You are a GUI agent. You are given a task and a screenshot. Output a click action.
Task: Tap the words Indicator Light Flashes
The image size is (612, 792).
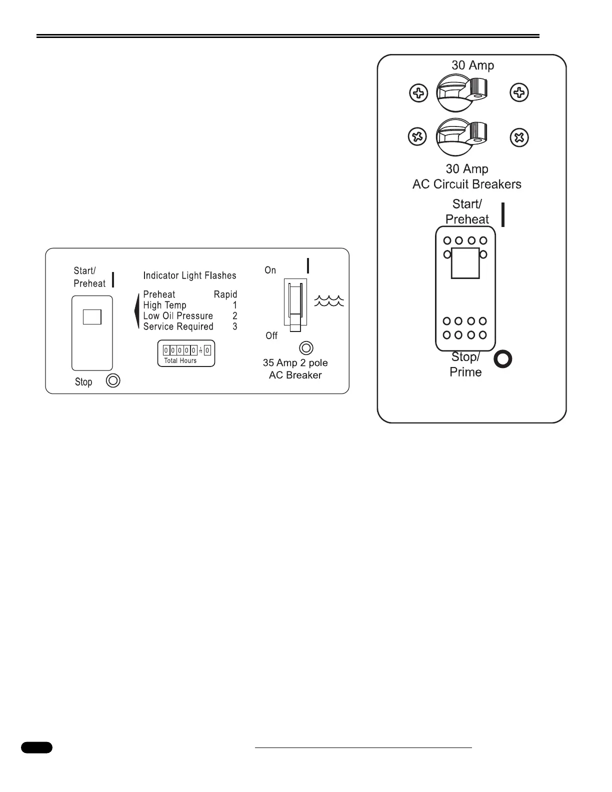click(189, 275)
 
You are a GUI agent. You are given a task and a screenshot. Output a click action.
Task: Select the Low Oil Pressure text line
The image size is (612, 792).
click(178, 316)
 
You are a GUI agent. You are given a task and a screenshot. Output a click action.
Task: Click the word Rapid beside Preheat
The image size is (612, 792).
click(225, 294)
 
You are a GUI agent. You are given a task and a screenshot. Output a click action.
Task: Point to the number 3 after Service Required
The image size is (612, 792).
click(235, 326)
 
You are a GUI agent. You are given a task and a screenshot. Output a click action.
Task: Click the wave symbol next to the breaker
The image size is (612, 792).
click(329, 300)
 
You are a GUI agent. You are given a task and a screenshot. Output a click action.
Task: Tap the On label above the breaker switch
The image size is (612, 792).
click(270, 270)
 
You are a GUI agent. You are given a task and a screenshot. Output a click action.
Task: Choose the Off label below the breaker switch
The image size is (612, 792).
click(271, 335)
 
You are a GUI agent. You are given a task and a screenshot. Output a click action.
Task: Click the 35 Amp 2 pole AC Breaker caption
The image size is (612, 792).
click(295, 369)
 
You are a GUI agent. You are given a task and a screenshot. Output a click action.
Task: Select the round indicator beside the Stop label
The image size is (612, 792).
click(113, 381)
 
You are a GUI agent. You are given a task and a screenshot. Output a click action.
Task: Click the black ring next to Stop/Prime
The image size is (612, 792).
click(503, 359)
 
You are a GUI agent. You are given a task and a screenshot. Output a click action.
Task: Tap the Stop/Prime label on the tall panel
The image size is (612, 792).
click(465, 364)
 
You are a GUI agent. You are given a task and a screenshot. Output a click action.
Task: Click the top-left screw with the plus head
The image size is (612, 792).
click(418, 93)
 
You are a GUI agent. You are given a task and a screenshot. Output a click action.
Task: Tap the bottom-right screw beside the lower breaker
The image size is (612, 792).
click(519, 137)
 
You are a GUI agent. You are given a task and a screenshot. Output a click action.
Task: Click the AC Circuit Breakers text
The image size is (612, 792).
click(466, 184)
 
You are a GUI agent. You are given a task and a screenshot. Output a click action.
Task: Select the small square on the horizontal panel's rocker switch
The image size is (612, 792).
click(92, 317)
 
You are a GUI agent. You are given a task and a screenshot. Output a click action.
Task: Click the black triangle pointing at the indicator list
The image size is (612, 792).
click(136, 311)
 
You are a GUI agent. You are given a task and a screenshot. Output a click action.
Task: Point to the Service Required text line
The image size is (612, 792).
click(178, 326)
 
